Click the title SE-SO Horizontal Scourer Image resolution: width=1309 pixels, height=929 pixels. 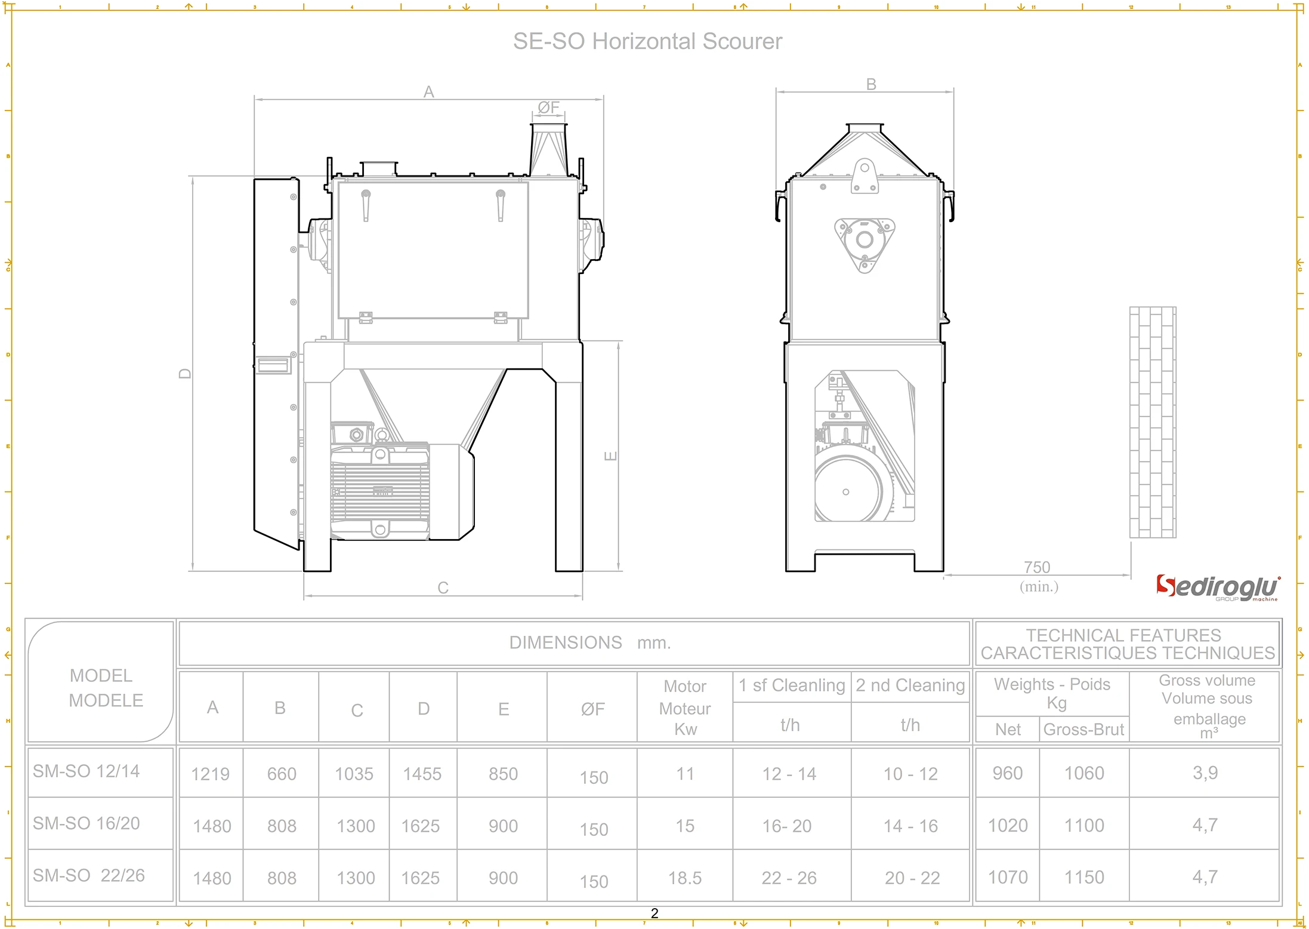point(647,41)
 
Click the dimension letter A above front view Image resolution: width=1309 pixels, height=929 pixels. point(428,92)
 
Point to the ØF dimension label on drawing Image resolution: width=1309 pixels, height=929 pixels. point(548,107)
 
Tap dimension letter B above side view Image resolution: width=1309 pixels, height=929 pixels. point(871,84)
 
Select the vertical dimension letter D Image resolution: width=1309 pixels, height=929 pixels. point(186,374)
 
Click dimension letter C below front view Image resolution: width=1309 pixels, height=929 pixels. point(443,588)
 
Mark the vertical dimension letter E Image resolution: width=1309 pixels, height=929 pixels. point(610,456)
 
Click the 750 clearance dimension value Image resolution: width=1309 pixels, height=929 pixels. point(1037,567)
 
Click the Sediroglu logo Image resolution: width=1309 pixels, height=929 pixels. point(1217,587)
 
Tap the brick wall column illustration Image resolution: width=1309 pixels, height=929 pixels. point(1153,422)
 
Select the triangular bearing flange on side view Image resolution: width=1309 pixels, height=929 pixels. point(865,242)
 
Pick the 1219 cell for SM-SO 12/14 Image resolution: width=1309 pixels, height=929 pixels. point(210,774)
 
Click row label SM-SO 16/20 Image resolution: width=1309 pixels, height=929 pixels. point(87,823)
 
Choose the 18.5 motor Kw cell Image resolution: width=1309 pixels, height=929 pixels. point(684,878)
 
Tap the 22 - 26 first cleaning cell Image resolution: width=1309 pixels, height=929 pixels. point(789,878)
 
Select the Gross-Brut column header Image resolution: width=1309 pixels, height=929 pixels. point(1083,730)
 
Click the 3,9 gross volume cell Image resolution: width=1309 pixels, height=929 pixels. point(1205,773)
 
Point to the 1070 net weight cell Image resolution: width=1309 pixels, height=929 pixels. point(1008,878)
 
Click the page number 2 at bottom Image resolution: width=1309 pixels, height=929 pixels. point(654,913)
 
